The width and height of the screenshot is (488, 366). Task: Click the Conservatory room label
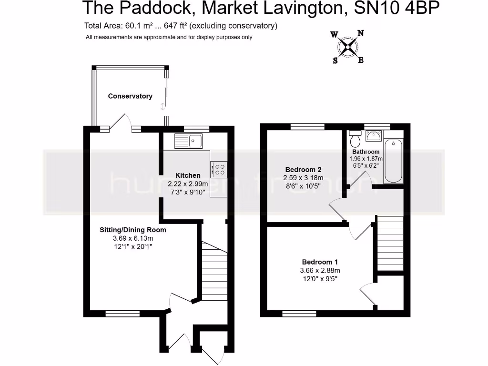coord(130,96)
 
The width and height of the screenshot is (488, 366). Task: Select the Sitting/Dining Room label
coord(132,230)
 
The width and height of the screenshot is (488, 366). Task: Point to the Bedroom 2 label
coord(303,170)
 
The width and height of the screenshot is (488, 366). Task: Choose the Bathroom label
coord(366,152)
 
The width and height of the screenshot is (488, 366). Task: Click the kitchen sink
coord(189,140)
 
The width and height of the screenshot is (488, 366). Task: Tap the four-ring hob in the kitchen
coord(219,170)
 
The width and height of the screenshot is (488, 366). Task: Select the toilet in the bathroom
coord(355,139)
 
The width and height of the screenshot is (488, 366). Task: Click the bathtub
coord(394,161)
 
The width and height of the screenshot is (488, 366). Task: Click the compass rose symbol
coord(348,46)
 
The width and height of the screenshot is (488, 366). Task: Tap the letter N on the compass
coord(361,33)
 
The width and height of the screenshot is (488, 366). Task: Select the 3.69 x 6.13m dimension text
coord(132,238)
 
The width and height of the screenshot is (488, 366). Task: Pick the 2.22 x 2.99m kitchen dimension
coord(188,184)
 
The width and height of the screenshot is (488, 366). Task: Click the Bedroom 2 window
coord(307,127)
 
